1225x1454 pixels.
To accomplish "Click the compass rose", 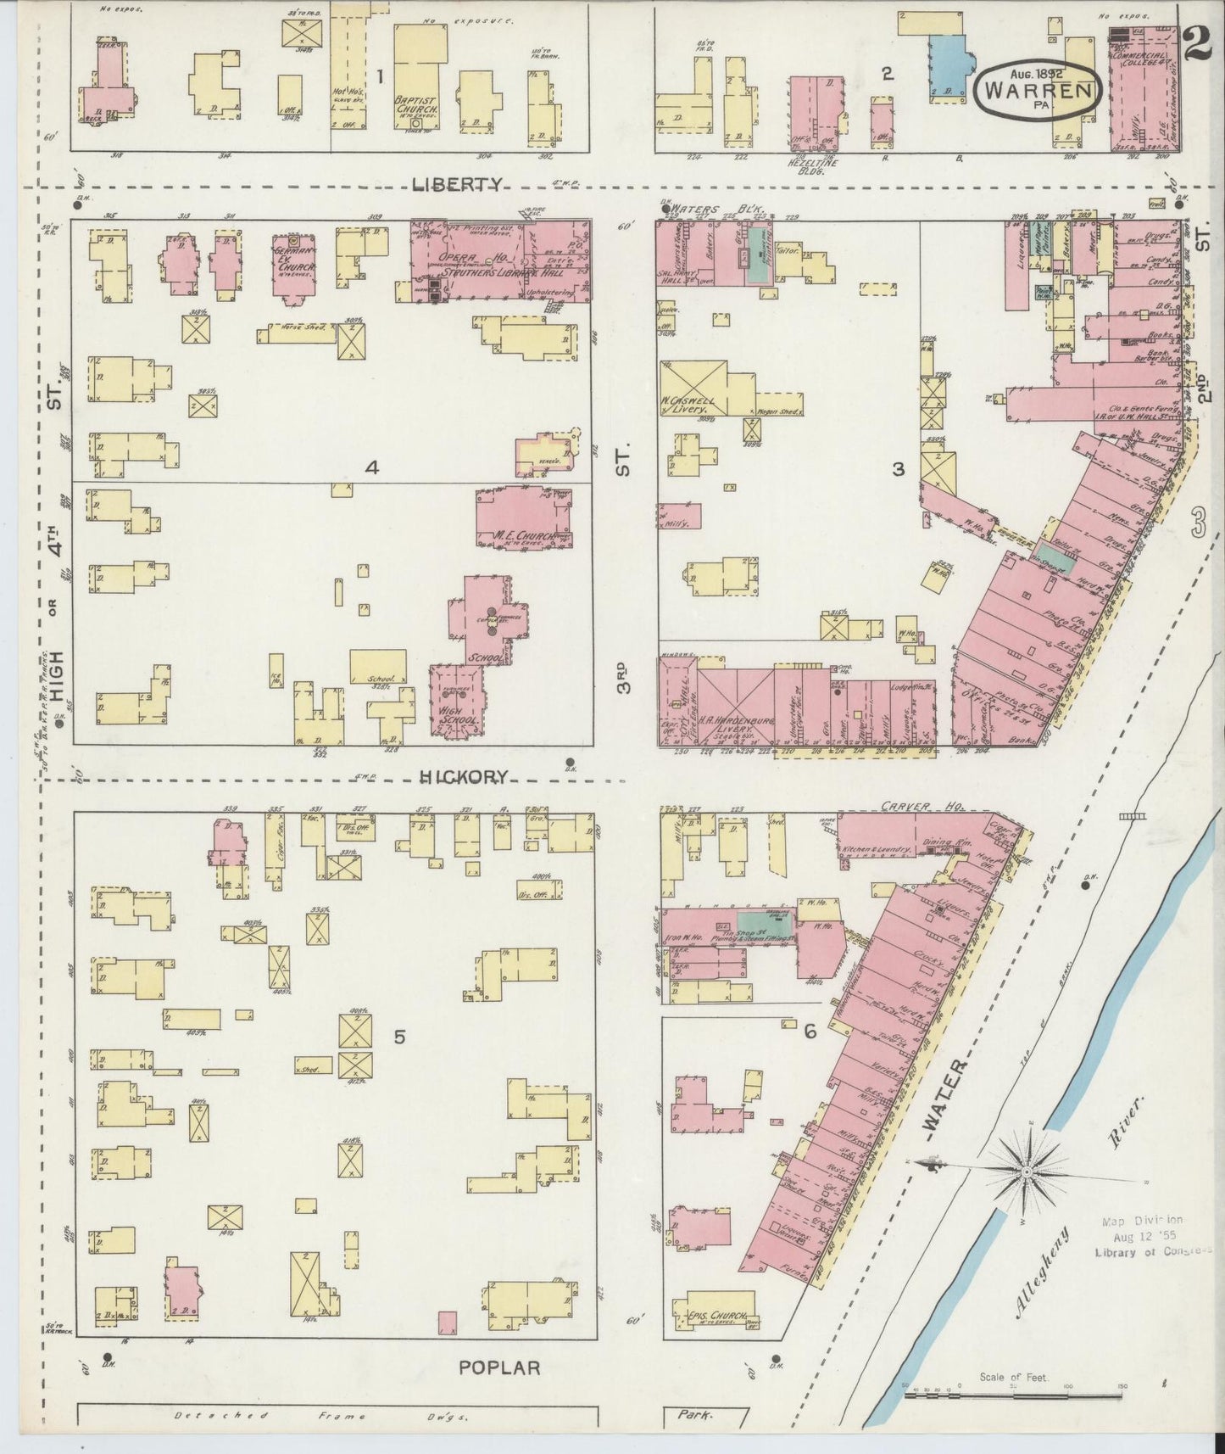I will [1026, 1172].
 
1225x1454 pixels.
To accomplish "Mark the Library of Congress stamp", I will [1144, 1235].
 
